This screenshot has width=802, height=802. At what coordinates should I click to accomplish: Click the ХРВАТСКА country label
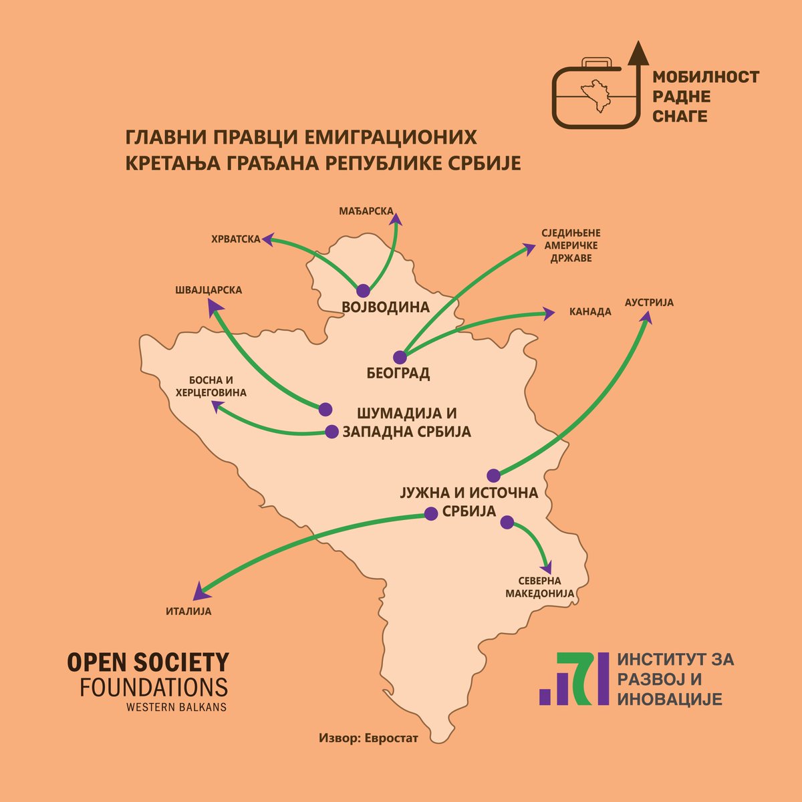[x=235, y=238]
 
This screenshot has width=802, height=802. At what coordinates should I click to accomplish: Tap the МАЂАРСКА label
[x=366, y=211]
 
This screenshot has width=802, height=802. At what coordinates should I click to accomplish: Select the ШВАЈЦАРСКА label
[x=208, y=290]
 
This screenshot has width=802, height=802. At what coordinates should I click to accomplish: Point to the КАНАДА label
[x=590, y=311]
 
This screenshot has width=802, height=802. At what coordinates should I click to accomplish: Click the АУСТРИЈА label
[x=649, y=303]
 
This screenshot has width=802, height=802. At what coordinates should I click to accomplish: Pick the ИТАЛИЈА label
[x=188, y=611]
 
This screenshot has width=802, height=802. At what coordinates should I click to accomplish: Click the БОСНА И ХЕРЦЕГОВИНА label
[x=211, y=386]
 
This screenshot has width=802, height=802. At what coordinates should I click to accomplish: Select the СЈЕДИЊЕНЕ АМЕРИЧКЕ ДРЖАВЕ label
[x=571, y=246]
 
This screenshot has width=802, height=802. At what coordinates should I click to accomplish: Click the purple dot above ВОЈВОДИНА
[x=363, y=291]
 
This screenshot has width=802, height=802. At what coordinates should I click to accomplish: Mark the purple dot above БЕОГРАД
[x=400, y=358]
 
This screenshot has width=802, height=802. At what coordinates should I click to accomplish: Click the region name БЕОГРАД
[x=398, y=373]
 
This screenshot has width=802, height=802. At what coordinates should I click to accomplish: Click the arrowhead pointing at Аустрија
[x=646, y=319]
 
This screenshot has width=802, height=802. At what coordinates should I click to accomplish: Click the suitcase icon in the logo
[x=591, y=94]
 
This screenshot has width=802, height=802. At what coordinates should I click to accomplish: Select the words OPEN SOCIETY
[x=148, y=663]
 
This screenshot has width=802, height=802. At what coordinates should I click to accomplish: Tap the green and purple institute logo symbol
[x=574, y=678]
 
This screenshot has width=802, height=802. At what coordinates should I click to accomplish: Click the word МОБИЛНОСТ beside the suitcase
[x=706, y=78]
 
